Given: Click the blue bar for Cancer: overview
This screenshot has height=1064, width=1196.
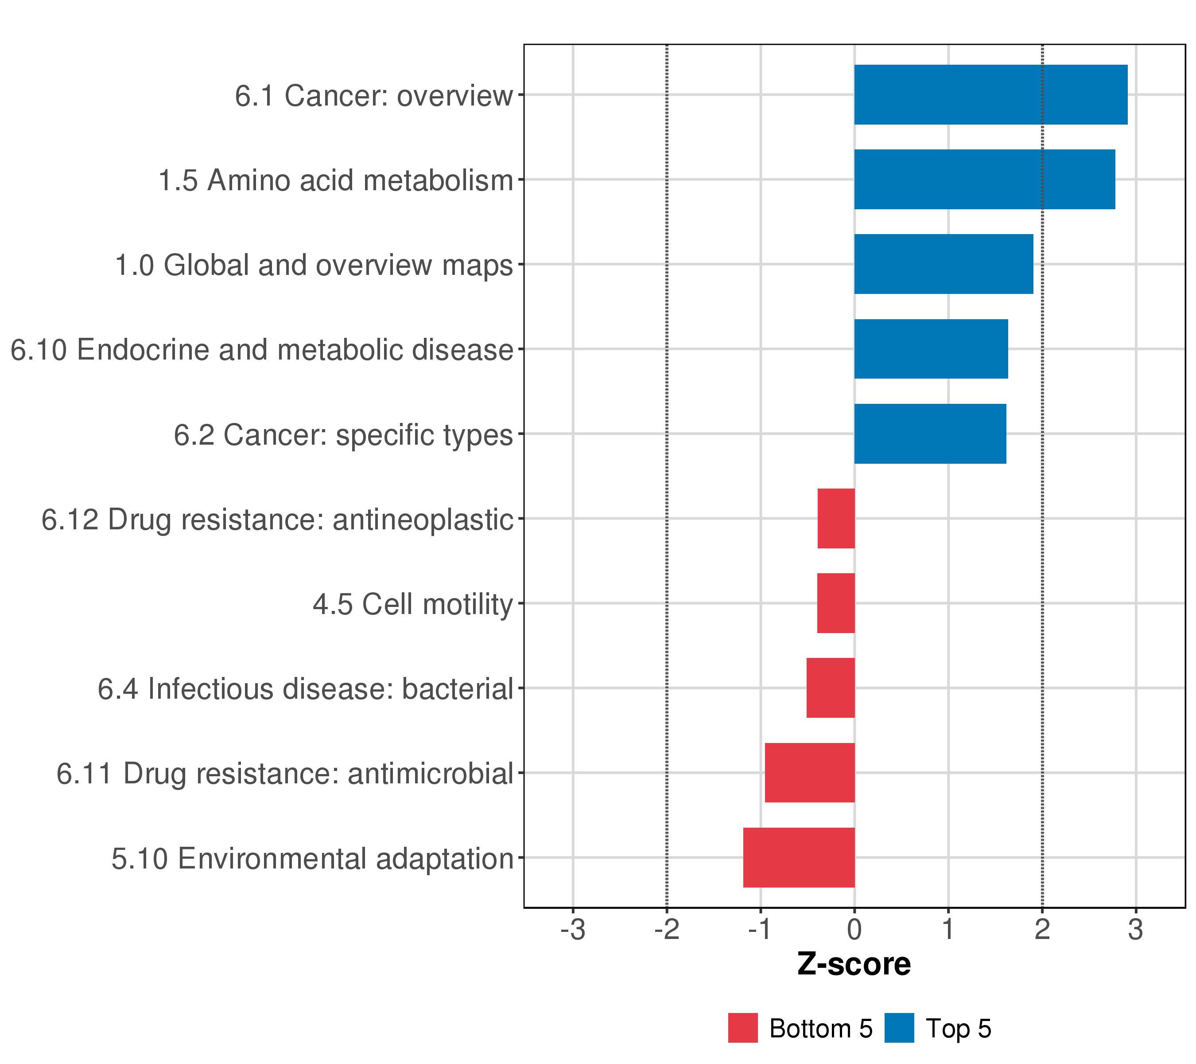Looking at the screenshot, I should click(990, 95).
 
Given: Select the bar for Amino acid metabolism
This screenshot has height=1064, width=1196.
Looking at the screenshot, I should click(984, 179).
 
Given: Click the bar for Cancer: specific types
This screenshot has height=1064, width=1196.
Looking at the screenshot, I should click(930, 434).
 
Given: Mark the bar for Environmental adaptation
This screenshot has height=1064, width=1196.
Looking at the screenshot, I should click(799, 857).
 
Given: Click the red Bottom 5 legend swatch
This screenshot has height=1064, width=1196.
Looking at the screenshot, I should click(742, 1028).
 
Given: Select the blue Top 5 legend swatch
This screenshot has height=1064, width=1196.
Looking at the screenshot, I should click(899, 1028).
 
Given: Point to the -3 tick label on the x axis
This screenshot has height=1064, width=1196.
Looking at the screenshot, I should click(572, 930).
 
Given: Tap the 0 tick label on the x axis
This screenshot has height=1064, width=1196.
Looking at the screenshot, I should click(854, 930).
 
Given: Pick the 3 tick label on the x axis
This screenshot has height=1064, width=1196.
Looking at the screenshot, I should click(1135, 930).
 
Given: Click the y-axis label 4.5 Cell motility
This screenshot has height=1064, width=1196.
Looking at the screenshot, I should click(412, 604).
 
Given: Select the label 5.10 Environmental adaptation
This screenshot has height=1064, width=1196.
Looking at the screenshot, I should click(312, 858).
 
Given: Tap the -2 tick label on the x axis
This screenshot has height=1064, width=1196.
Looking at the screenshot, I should click(667, 930).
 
